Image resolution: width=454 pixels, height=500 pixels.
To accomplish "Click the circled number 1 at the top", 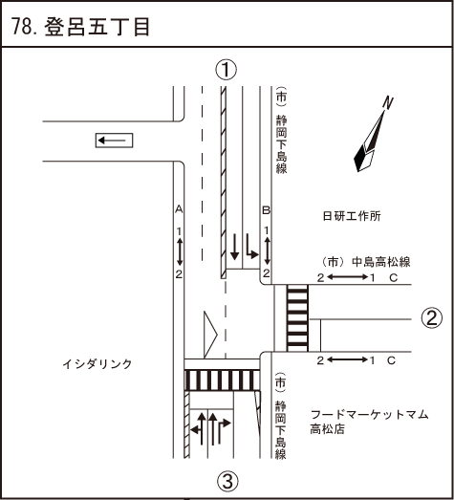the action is click(x=226, y=70).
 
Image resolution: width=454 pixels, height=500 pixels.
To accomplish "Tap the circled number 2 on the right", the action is click(x=432, y=317).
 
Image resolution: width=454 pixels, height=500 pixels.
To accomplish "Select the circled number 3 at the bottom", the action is click(x=227, y=481).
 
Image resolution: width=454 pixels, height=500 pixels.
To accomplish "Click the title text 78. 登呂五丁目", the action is click(x=80, y=27).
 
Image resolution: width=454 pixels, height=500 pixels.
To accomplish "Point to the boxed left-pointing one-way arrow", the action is click(x=114, y=141).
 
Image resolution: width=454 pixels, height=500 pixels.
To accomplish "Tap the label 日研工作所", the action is click(x=352, y=216).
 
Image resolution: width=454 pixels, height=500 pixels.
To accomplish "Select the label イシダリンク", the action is click(x=97, y=364).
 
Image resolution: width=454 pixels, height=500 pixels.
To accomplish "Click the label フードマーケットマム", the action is click(x=370, y=415).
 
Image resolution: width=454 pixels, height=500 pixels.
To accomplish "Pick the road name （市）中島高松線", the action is click(x=366, y=262).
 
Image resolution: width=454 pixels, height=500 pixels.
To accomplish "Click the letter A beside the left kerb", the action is click(x=179, y=209).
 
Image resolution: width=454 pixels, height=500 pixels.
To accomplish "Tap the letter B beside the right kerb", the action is click(x=267, y=210).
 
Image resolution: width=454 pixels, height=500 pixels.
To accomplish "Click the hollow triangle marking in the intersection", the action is click(x=210, y=335).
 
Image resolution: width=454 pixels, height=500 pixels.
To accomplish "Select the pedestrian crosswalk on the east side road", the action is click(x=297, y=318).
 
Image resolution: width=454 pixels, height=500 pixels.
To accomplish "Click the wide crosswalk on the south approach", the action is click(x=222, y=380).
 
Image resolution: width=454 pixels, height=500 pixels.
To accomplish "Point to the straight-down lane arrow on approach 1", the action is click(x=235, y=247).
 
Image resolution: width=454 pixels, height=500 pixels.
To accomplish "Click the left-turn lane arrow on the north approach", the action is click(x=251, y=246).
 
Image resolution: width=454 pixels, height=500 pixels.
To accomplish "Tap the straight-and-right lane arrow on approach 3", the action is click(x=222, y=428).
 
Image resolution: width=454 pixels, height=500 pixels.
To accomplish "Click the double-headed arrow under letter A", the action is click(x=180, y=252).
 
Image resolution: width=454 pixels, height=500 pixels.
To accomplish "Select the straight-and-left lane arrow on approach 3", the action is click(x=198, y=428).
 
